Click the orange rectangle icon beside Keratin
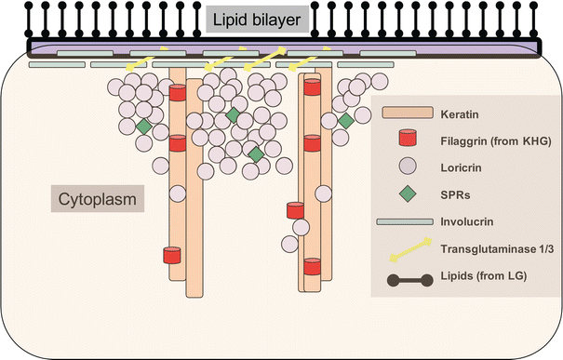pos(407,113)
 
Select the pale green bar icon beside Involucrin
pos(407,223)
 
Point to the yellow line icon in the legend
pos(407,248)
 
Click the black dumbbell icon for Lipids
pos(407,275)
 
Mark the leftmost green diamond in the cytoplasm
pos(144,126)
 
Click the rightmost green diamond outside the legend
pos(345,120)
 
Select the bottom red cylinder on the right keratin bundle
pos(313,267)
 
